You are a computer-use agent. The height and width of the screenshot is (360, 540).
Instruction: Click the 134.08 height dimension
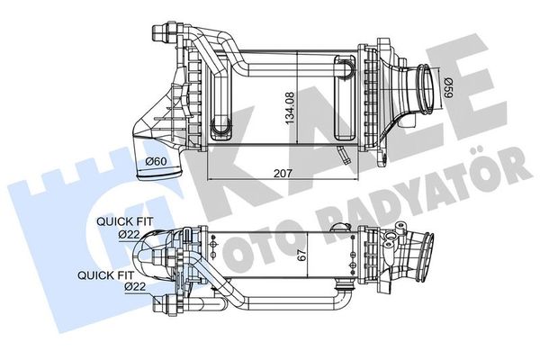290,107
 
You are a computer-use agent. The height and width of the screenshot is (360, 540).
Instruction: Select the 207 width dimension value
283,174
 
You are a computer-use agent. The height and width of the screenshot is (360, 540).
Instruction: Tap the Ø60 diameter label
156,161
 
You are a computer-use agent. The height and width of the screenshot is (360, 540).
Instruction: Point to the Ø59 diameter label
447,87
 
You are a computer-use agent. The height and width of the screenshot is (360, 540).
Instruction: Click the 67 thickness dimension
301,255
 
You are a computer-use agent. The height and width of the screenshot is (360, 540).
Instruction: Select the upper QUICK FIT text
125,221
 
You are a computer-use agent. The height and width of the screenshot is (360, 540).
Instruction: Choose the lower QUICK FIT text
105,275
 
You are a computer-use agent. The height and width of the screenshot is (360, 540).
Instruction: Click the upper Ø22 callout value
129,235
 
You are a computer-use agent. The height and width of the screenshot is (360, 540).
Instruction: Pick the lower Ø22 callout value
135,286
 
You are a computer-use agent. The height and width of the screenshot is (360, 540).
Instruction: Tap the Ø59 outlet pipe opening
426,88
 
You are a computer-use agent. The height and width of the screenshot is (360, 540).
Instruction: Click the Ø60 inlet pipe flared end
159,175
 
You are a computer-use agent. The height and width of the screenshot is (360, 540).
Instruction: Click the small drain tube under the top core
343,154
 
